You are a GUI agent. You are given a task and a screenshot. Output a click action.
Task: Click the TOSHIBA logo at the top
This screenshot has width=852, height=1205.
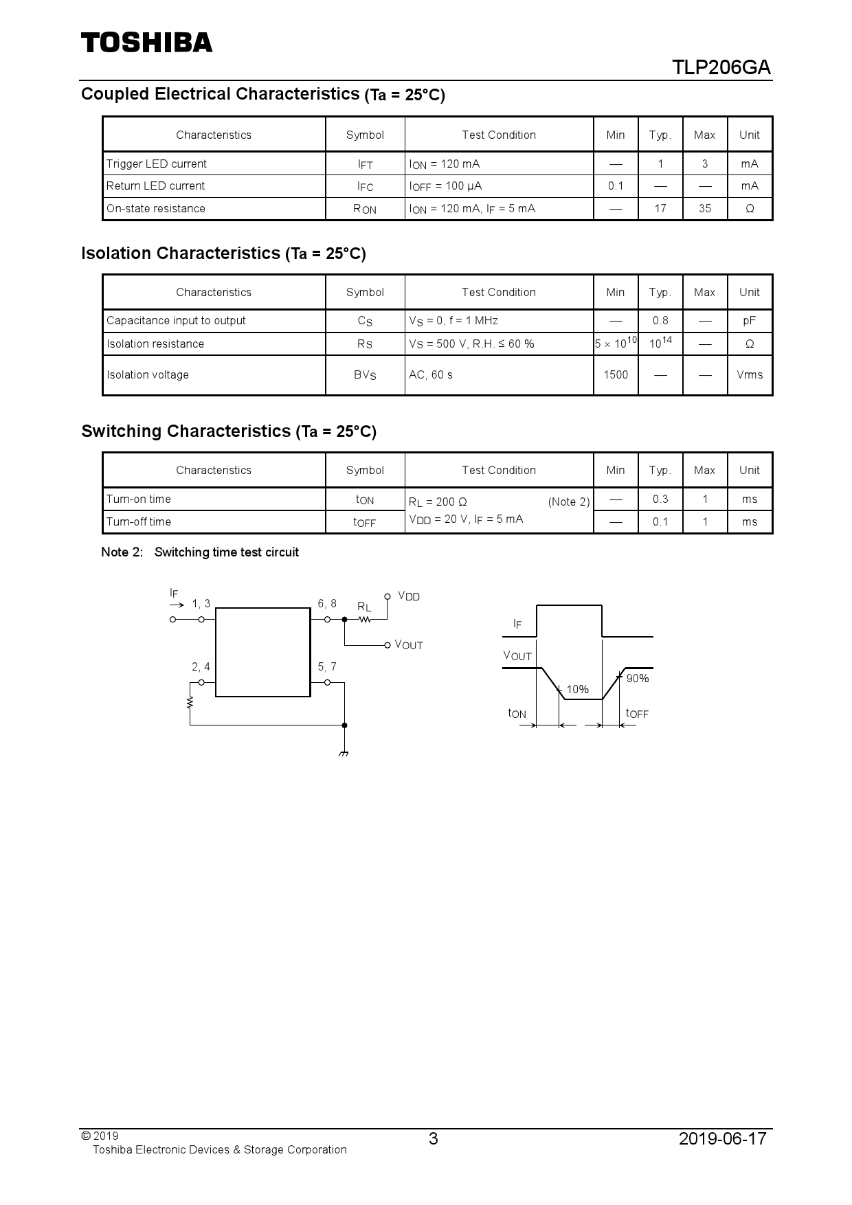tap(147, 43)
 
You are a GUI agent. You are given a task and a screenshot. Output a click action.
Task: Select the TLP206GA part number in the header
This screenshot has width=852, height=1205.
tap(721, 68)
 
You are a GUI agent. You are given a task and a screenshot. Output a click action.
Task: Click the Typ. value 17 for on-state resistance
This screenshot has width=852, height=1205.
tap(660, 208)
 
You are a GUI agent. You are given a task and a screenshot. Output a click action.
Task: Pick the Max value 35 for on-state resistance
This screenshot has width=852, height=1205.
tap(705, 208)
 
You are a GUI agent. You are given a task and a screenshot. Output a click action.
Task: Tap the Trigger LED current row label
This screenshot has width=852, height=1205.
tap(157, 164)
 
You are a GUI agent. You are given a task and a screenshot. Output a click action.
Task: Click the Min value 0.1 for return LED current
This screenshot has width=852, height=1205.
tap(616, 185)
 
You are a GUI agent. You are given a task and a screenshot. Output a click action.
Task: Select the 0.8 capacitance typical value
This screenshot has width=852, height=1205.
tap(660, 320)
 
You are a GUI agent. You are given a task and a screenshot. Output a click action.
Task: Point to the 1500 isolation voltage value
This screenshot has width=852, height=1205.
tap(616, 374)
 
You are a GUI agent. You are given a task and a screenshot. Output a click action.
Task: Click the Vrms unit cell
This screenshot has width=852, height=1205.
tap(750, 374)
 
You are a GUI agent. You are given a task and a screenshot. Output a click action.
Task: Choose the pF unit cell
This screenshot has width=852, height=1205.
tap(750, 320)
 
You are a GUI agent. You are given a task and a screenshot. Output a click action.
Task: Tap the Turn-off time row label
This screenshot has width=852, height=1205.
tap(139, 521)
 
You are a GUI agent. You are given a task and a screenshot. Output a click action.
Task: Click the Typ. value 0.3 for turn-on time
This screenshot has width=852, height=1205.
tap(660, 499)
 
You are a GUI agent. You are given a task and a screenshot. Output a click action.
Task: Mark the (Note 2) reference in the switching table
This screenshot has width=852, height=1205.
tap(569, 502)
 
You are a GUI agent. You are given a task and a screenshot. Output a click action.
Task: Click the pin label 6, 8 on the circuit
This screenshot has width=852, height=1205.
tap(327, 604)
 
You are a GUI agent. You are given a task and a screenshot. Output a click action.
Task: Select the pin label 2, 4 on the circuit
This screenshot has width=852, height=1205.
tap(201, 666)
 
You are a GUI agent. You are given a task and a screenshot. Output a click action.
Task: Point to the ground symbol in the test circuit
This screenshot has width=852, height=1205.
tap(344, 752)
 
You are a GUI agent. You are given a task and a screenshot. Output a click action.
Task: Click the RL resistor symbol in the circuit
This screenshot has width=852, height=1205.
tap(365, 619)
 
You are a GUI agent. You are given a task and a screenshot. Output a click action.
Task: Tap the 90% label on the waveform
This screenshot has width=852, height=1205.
tap(638, 678)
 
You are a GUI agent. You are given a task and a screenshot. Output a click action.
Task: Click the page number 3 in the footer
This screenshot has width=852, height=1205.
tap(433, 1139)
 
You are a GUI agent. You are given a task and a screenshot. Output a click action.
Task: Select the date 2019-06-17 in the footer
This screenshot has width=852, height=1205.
tap(722, 1139)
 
